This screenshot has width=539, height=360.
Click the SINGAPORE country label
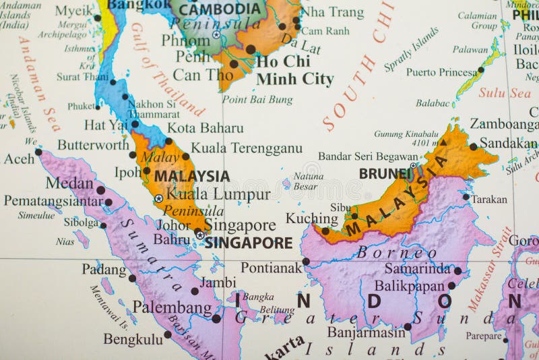tap(249, 243)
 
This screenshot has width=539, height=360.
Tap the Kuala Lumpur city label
tap(218, 195)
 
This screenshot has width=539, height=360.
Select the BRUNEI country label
tap(385, 173)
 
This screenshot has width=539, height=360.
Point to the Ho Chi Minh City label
tap(294, 70)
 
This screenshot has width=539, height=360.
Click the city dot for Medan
tap(100, 190)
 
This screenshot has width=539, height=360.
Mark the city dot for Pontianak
tap(306, 261)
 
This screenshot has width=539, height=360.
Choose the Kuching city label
tap(311, 218)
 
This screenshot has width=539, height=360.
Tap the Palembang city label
tap(172, 307)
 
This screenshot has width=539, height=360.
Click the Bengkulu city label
tap(133, 339)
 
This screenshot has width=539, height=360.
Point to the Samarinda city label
tap(417, 268)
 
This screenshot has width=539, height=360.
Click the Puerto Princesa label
tap(441, 72)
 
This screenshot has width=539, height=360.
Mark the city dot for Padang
tap(132, 278)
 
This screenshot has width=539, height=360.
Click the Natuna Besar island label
tap(309, 181)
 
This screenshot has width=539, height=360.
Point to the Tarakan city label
tap(489, 200)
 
